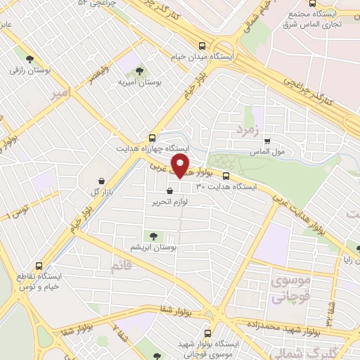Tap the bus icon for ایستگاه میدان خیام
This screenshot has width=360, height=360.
pyautogui.click(x=202, y=42)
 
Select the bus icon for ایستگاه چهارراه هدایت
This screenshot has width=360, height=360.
pyautogui.click(x=153, y=138)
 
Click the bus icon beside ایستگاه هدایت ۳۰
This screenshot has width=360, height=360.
pyautogui.click(x=226, y=176)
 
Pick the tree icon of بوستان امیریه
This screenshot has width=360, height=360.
pyautogui.click(x=139, y=71)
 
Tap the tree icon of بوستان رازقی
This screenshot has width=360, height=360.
pyautogui.click(x=29, y=59)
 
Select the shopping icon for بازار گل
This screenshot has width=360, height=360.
pyautogui.click(x=101, y=181)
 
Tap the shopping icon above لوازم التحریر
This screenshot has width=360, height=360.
pyautogui.click(x=169, y=191)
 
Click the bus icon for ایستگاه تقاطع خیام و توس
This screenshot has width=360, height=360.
pyautogui.click(x=39, y=266)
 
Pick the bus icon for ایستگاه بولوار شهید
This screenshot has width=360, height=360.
pyautogui.click(x=207, y=333)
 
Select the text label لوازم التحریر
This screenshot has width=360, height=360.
pyautogui.click(x=173, y=202)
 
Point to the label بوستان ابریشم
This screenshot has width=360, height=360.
pyautogui.click(x=156, y=247)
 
